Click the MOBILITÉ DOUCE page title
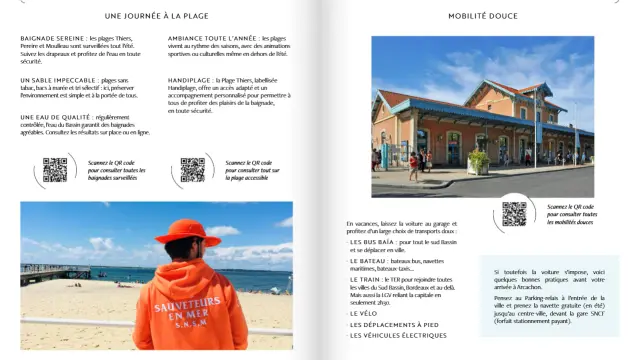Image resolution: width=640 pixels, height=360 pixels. tap(483, 16)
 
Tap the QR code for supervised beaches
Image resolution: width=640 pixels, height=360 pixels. tap(55, 169)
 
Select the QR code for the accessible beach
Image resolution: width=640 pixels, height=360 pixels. tap(192, 169)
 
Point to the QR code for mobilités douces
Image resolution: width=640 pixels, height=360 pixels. tap(514, 213)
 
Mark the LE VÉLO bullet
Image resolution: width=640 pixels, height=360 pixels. tap(363, 313)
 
